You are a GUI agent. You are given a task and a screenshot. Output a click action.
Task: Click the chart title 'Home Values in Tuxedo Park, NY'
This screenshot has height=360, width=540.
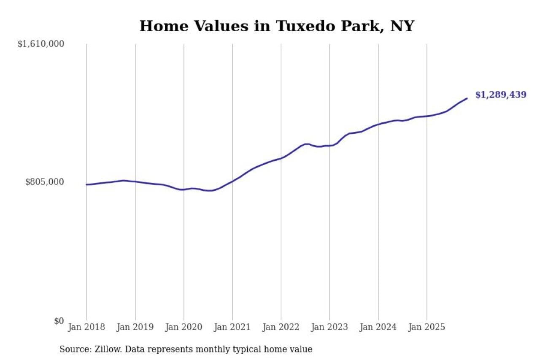coord(277,26)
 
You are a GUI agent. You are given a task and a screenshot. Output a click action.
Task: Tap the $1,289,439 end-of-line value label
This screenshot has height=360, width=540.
coord(501,95)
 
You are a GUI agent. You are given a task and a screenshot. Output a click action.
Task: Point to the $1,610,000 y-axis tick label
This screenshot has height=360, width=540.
coord(40,44)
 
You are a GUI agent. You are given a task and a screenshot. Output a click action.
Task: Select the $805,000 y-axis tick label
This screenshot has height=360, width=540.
coord(45,182)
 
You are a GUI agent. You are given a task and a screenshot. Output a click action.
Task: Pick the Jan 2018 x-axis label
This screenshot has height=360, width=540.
coord(86,328)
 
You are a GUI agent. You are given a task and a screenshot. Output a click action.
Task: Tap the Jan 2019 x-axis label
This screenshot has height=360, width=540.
coord(135,328)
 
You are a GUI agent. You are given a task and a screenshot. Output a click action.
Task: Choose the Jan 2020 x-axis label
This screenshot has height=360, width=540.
coord(184,328)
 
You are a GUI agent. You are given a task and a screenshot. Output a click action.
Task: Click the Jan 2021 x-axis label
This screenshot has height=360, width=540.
coord(232,328)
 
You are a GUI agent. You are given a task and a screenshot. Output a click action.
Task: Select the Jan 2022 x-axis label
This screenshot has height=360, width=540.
coord(281,328)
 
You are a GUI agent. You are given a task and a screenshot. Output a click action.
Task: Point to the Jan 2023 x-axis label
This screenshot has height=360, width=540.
coord(329,328)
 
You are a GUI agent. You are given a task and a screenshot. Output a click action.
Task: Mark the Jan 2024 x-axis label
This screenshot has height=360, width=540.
coord(378,328)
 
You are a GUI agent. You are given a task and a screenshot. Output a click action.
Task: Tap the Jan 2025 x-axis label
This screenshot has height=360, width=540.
coord(427,328)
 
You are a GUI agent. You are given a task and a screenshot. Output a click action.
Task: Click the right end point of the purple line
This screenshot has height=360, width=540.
coord(467,98)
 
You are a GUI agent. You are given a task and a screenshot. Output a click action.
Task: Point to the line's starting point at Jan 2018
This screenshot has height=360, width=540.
coord(86,184)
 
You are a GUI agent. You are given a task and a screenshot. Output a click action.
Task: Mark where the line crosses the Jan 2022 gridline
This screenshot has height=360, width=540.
coord(281,158)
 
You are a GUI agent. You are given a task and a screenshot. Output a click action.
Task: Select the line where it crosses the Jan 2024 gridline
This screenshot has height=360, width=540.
coord(378,124)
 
